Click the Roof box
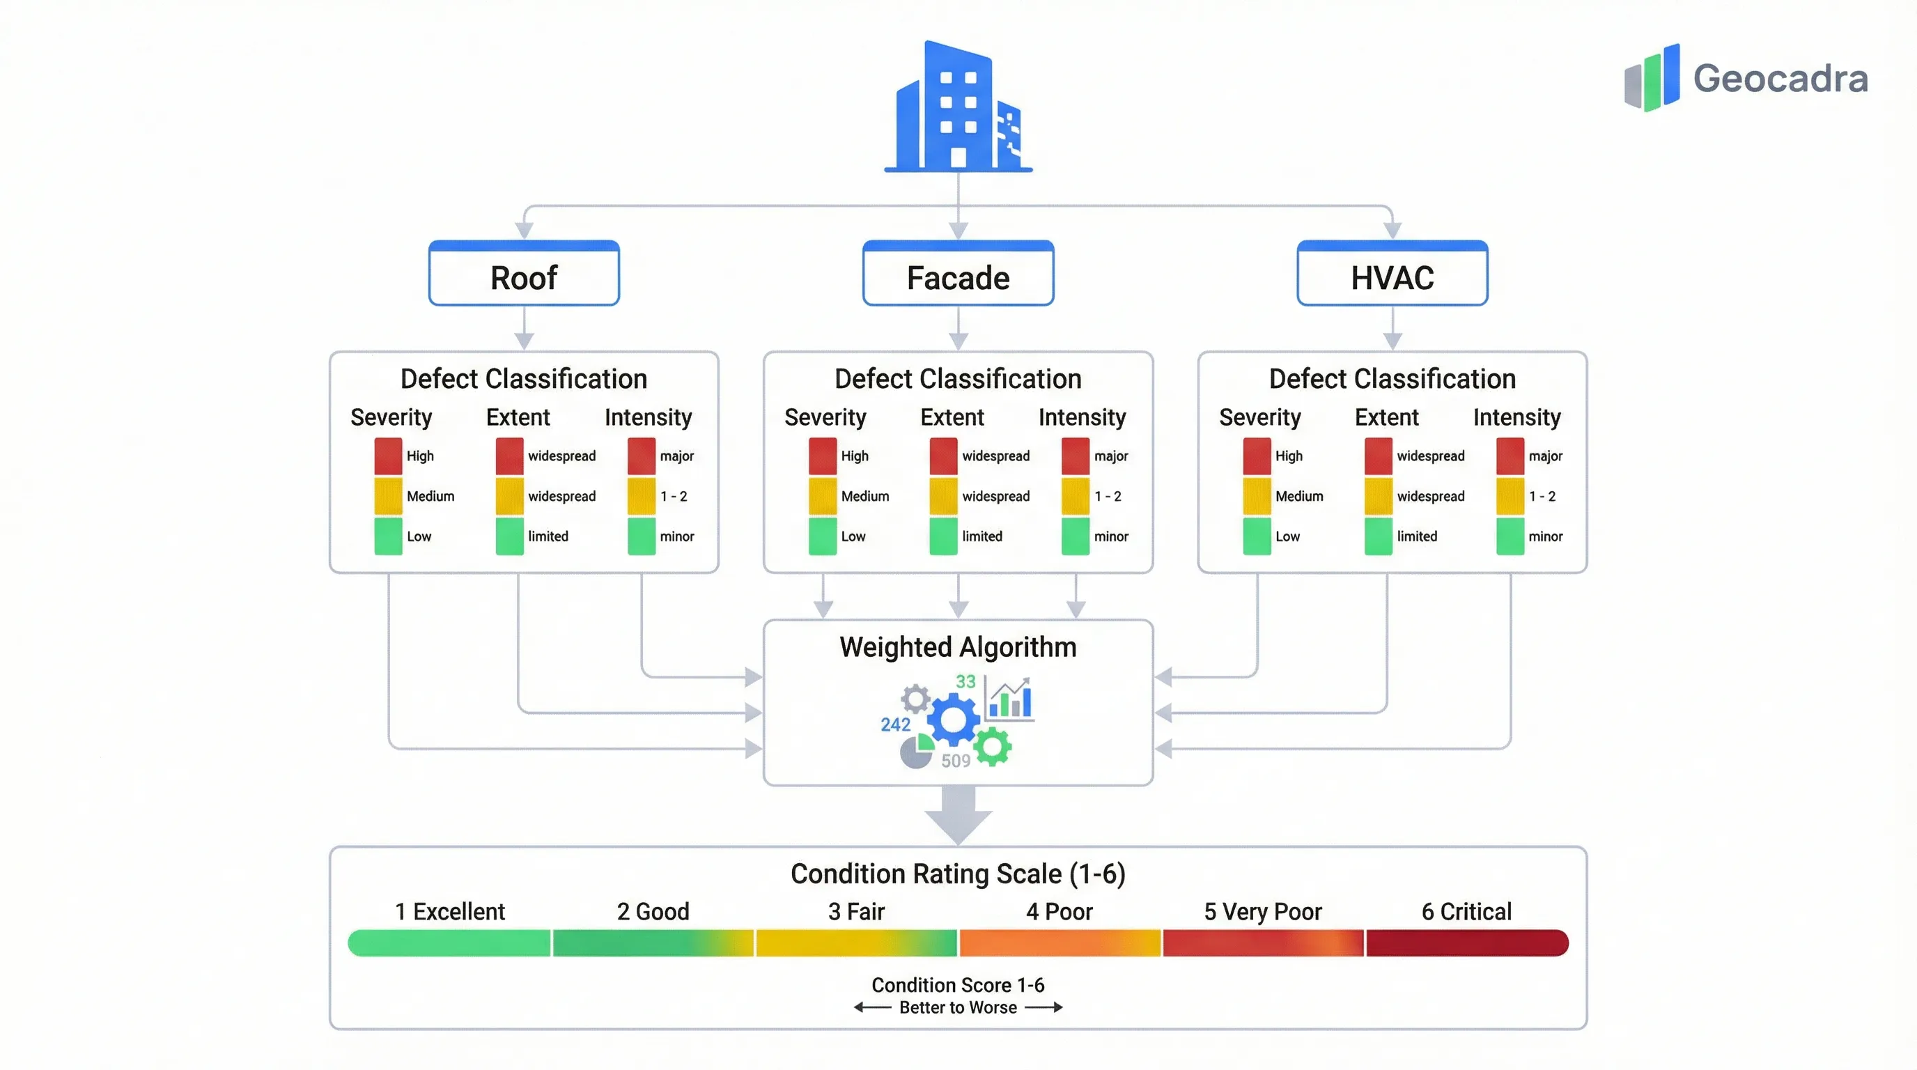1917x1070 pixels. tap(524, 277)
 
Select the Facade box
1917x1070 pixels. tap(958, 277)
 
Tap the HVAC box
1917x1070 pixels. tap(1392, 277)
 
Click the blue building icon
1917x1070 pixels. tap(958, 108)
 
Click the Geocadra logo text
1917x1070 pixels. tap(1780, 79)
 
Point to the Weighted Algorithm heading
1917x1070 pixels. tap(958, 646)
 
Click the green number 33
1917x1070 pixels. tap(965, 681)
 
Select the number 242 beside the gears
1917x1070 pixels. tap(895, 724)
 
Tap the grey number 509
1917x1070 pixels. tap(956, 761)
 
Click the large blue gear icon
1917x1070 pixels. tap(954, 720)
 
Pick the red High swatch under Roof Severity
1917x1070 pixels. tap(388, 456)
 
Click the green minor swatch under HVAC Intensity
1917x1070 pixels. tap(1510, 536)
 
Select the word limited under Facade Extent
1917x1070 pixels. tap(981, 536)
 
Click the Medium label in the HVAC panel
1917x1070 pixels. tap(1298, 495)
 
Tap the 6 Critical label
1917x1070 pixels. tap(1466, 910)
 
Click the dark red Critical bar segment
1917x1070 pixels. tap(1466, 942)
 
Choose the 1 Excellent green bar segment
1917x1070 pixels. tap(449, 942)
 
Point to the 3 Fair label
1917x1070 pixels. tap(856, 910)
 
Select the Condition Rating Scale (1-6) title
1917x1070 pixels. tap(958, 873)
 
